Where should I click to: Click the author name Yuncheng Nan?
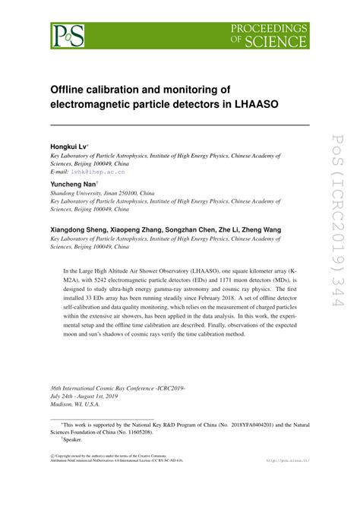point(73,185)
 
